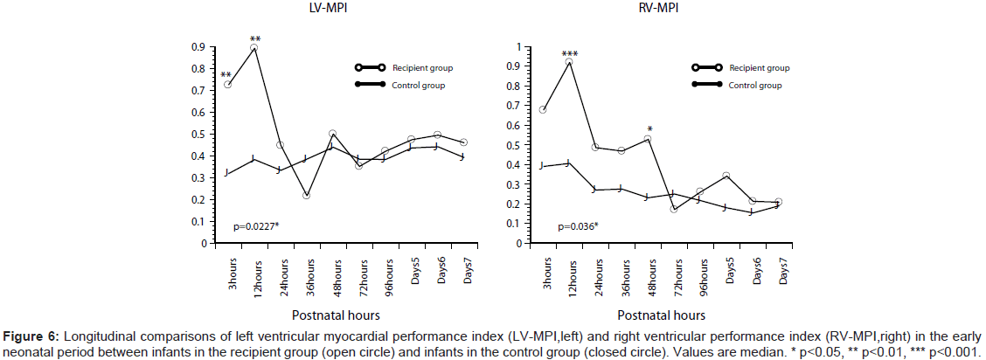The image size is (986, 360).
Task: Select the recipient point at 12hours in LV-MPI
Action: click(x=253, y=49)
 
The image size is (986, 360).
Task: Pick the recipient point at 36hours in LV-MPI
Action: click(x=306, y=195)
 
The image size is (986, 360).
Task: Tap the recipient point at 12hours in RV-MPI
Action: click(x=569, y=62)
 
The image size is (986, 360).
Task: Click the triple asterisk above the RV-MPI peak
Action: click(x=569, y=52)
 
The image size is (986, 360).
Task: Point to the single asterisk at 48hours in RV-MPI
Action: click(x=649, y=129)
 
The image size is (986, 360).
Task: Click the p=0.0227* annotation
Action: click(x=256, y=227)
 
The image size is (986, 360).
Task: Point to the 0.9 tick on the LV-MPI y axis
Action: click(x=199, y=47)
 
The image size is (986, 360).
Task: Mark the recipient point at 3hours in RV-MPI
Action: click(x=543, y=109)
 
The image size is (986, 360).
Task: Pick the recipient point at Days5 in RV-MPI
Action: click(x=726, y=176)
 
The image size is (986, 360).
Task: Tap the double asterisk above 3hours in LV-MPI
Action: click(x=226, y=74)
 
